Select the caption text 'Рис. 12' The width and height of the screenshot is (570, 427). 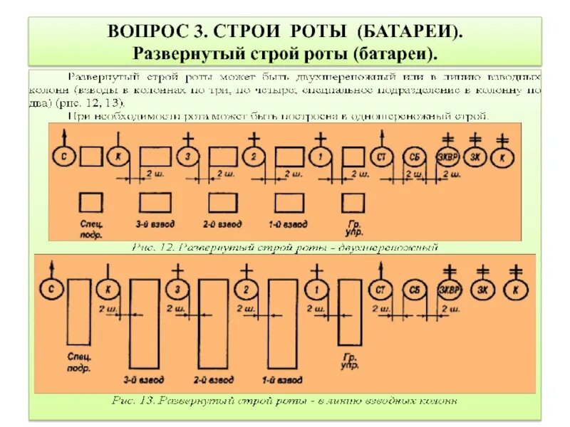click(155, 247)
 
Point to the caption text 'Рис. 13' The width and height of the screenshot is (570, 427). click(135, 401)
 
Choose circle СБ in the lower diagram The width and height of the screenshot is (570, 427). click(415, 290)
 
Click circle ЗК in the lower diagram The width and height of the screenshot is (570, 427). click(482, 290)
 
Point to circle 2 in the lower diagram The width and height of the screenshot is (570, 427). click(245, 290)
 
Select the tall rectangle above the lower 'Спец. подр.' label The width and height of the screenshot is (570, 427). click(78, 313)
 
